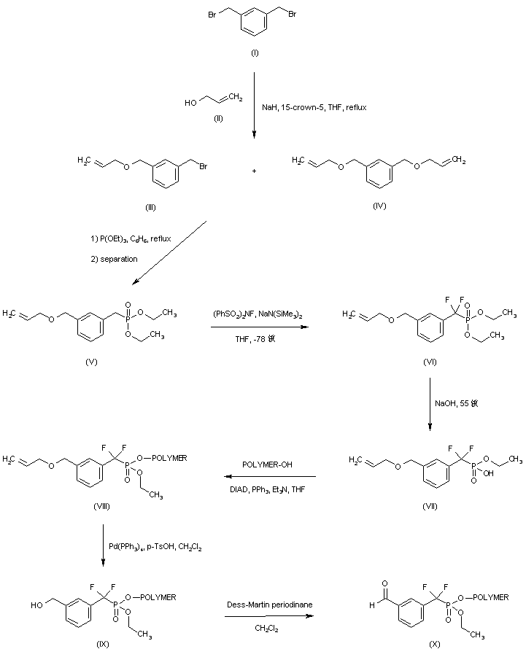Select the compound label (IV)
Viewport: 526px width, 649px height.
point(379,206)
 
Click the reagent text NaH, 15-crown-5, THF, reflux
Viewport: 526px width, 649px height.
point(314,106)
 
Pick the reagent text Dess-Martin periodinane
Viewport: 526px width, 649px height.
point(266,602)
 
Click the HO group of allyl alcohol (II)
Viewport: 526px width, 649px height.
point(190,103)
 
